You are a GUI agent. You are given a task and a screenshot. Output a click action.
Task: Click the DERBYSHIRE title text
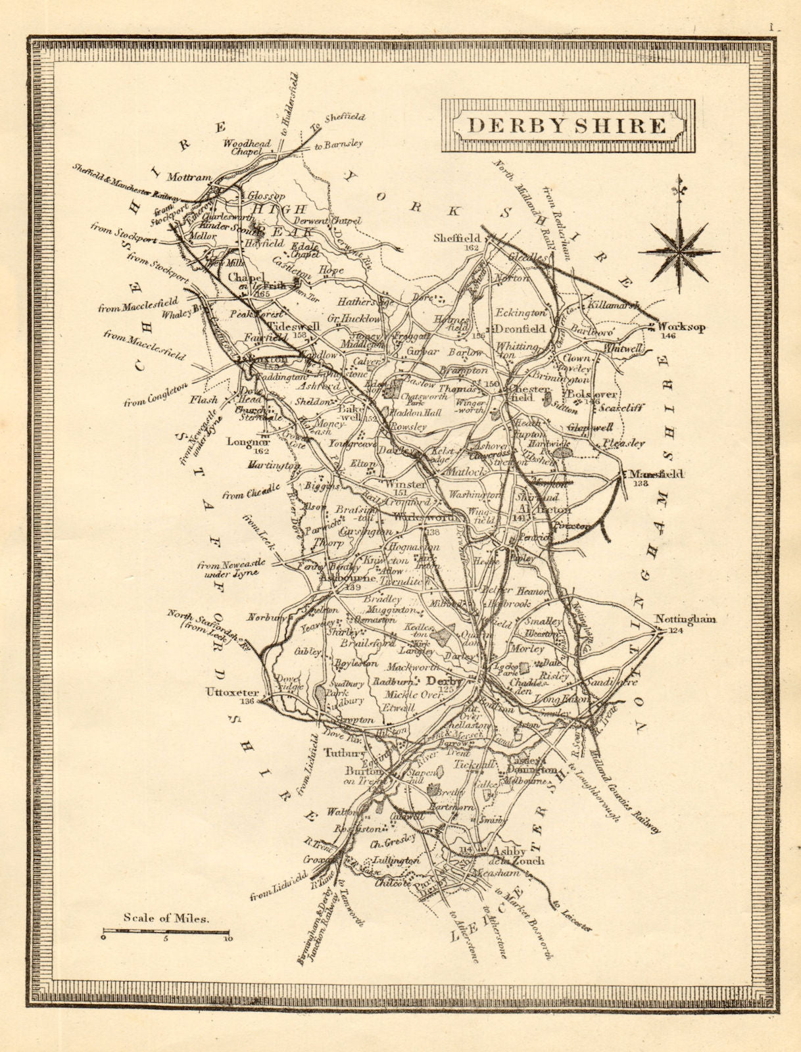pos(567,126)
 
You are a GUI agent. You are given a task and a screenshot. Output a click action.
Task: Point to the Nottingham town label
pos(685,619)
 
